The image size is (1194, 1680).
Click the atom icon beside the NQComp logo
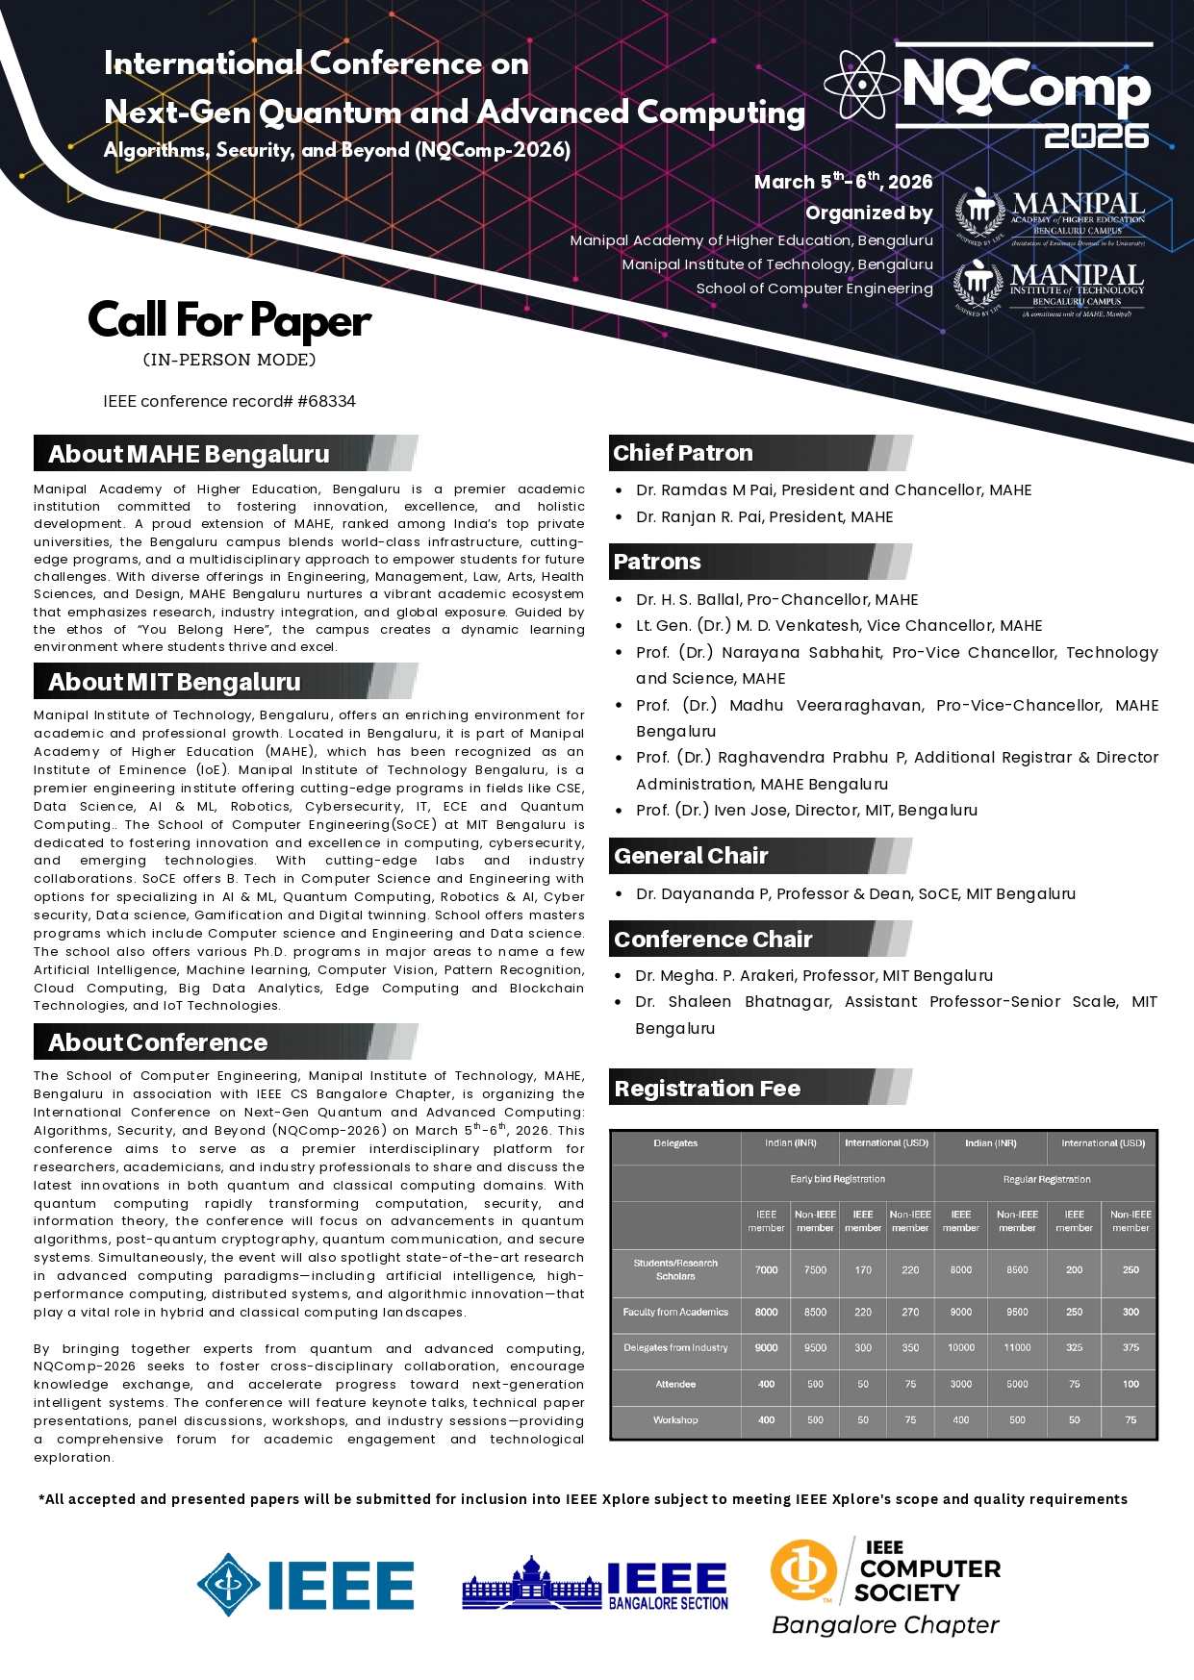[x=862, y=85]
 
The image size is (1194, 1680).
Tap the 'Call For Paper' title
[x=229, y=321]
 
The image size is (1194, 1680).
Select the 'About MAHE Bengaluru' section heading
[x=189, y=454]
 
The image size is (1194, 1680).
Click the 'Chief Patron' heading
[x=683, y=453]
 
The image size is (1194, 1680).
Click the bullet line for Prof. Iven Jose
[x=806, y=811]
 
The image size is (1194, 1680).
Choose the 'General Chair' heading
[x=691, y=856]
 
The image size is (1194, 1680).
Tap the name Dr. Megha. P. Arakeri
[x=711, y=976]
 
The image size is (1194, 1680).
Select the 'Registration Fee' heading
[x=707, y=1089]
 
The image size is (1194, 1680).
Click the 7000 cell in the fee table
[x=766, y=1270]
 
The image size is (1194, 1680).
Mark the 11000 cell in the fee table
[x=1017, y=1348]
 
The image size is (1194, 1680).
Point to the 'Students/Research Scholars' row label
[x=675, y=1269]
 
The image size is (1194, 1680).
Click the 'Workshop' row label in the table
[x=675, y=1420]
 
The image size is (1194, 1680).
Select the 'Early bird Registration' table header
[x=837, y=1179]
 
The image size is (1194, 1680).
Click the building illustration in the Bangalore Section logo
[x=531, y=1585]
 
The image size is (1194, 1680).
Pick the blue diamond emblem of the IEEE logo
[x=228, y=1585]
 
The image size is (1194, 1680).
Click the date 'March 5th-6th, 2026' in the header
[x=843, y=182]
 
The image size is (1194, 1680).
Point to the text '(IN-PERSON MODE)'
[x=229, y=360]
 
